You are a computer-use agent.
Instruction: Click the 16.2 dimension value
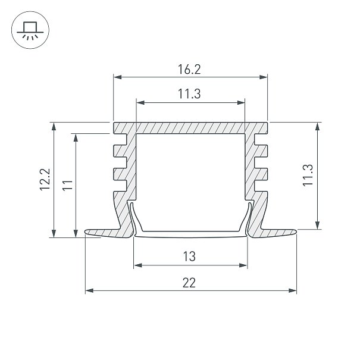click(189, 70)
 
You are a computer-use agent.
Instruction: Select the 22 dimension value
click(189, 283)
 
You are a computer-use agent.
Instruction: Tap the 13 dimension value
click(189, 256)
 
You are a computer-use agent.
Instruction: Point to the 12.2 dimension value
click(45, 179)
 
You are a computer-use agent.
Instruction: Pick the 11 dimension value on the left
click(67, 185)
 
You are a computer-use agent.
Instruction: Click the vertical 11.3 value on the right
click(308, 175)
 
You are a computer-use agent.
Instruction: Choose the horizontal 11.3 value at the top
click(189, 94)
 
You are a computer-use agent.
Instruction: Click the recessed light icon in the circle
click(30, 30)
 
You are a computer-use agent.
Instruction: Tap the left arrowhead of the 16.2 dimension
click(118, 77)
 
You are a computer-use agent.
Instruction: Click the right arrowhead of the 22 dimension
click(293, 290)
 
